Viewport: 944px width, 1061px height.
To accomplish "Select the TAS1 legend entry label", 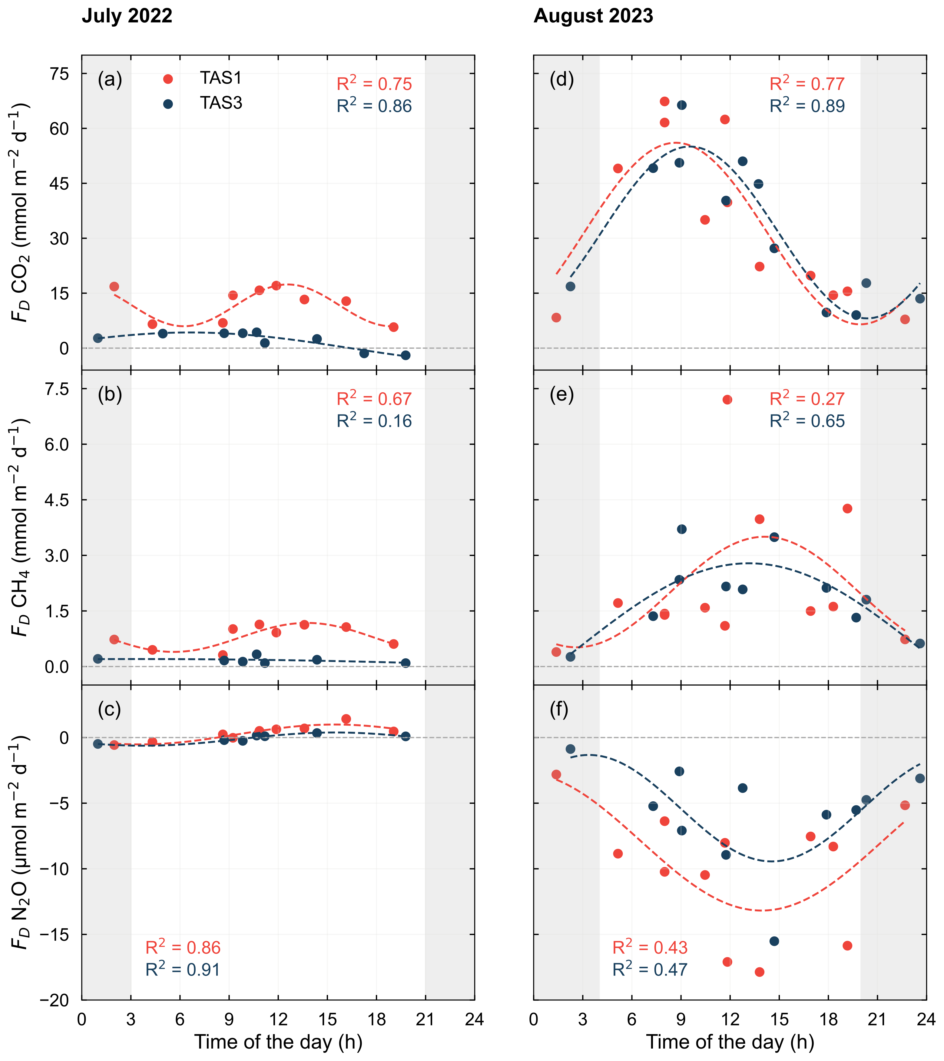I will click(x=221, y=78).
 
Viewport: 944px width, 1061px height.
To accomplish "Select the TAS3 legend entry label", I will click(x=221, y=103).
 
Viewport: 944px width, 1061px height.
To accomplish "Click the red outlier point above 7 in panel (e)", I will click(x=727, y=400).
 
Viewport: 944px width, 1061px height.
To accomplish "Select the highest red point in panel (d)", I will click(x=664, y=101).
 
